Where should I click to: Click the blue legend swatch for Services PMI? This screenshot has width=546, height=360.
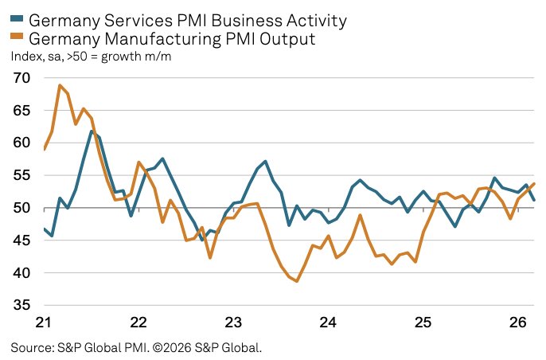point(17,19)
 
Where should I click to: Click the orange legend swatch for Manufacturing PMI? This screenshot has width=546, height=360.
point(17,37)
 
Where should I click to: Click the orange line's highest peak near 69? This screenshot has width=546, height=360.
point(60,85)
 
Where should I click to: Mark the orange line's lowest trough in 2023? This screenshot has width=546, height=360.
point(297,281)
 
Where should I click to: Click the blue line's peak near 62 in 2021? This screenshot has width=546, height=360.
point(92,131)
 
